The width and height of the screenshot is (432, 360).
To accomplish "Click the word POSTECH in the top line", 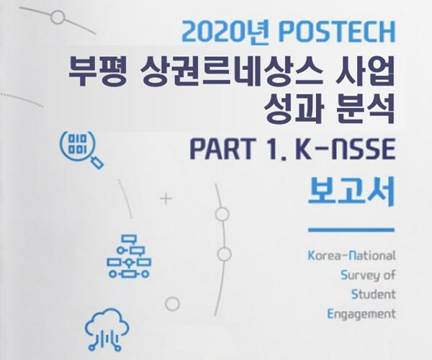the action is [337, 32].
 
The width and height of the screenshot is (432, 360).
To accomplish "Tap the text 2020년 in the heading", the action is [225, 32].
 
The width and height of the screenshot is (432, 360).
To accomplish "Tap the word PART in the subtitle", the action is [222, 149].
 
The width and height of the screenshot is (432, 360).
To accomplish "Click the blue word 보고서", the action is [351, 191].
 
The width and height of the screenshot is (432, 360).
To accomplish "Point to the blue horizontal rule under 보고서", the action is [351, 230].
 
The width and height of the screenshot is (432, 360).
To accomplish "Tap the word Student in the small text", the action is [373, 294].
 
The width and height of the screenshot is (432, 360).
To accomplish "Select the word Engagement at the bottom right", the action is [361, 314].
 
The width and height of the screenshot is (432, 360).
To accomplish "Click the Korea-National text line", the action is [352, 256].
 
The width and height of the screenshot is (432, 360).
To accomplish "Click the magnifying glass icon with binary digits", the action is [82, 150].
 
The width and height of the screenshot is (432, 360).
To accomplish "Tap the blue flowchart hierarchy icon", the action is [129, 256].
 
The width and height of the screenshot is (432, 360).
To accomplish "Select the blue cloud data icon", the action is [107, 330].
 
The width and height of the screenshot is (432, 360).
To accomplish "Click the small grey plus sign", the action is [166, 198].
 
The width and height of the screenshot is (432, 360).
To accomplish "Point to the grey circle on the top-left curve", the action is [58, 17].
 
